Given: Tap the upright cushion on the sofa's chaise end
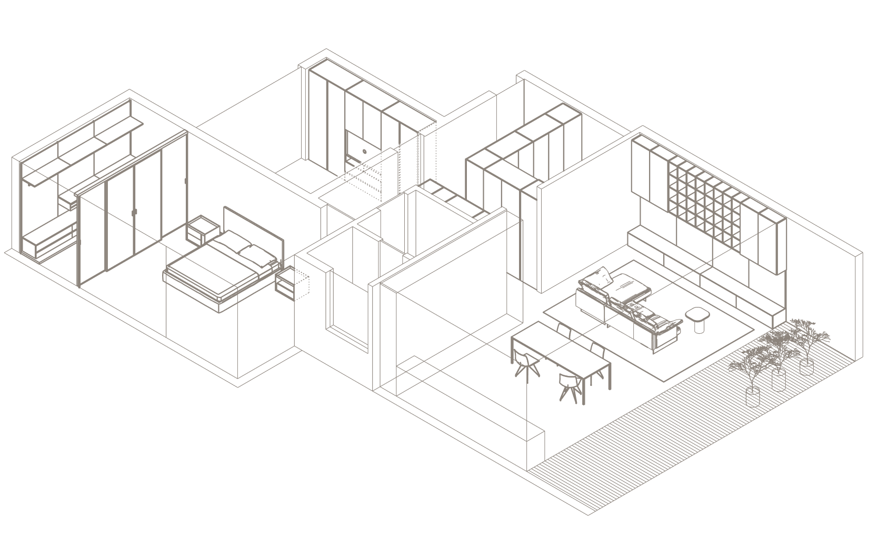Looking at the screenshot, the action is (x=602, y=277).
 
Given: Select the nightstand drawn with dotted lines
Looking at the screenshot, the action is (x=295, y=284).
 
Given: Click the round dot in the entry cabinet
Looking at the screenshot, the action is (x=364, y=152).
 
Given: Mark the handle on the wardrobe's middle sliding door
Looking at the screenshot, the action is (x=135, y=212).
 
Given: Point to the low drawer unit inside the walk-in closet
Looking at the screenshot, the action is (x=50, y=243).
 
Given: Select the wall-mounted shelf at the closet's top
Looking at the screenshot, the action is (x=79, y=158).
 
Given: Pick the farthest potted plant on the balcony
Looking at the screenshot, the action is (x=805, y=342).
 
